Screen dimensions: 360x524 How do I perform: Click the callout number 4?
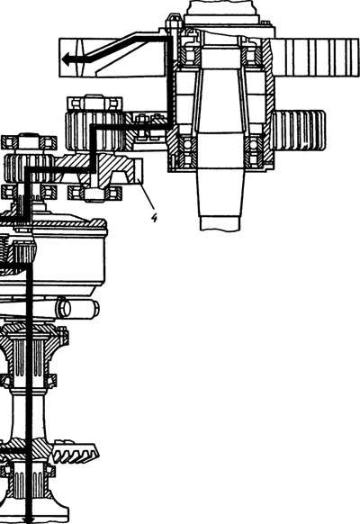click(154, 218)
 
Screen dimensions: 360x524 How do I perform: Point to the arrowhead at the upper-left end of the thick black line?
click(67, 59)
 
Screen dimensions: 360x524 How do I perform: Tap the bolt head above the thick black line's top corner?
click(174, 22)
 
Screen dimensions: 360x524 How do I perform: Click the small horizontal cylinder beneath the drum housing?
click(77, 308)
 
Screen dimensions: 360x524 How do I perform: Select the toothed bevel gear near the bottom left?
click(76, 454)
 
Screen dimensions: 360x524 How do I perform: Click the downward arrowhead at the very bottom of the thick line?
click(29, 520)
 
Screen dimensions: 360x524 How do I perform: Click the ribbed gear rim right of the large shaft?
click(298, 131)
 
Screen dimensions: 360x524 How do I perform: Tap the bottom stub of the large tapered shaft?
click(220, 223)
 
